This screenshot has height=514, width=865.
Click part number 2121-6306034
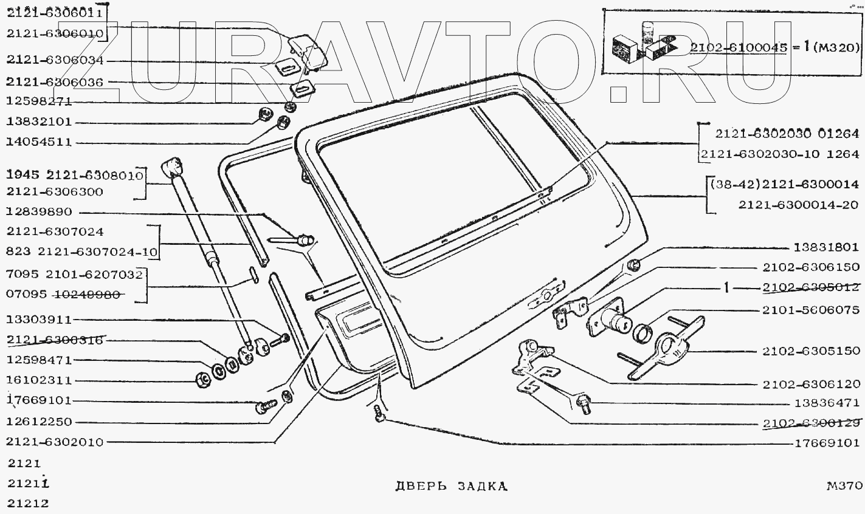point(55,60)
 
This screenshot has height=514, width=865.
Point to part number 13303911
point(39,320)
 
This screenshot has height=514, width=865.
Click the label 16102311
point(39,381)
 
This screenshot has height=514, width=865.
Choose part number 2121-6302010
point(55,442)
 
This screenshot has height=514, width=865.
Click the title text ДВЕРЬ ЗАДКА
point(450,487)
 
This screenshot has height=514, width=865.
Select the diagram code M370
point(844,486)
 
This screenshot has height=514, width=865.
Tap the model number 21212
point(28,503)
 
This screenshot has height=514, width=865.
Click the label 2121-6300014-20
point(798,205)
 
